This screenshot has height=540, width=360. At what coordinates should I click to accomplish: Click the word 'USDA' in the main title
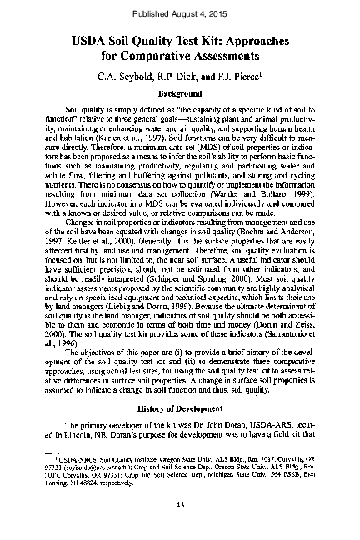coord(97,39)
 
